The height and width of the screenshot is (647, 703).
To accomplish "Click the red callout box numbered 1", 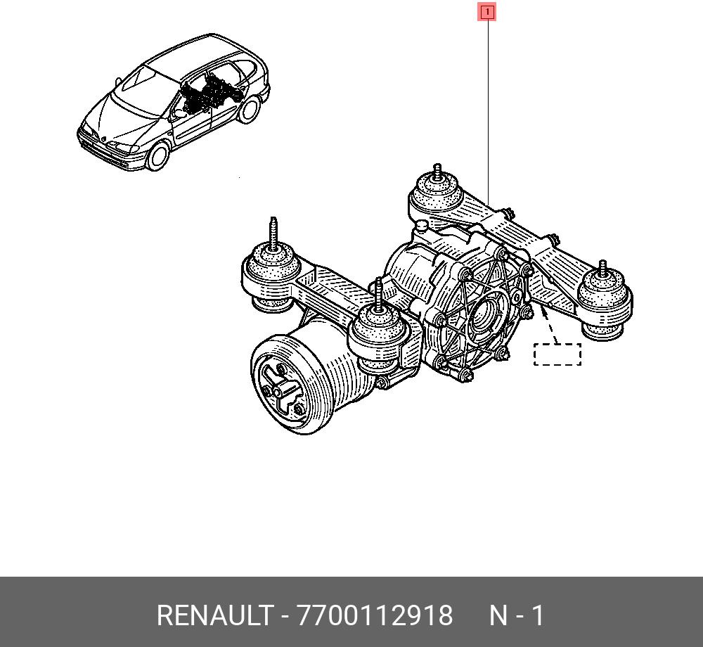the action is [487, 12].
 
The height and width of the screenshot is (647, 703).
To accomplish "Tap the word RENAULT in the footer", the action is [214, 615].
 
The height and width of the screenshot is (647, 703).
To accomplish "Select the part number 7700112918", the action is [375, 615].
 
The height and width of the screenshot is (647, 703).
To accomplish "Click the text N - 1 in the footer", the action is [516, 615].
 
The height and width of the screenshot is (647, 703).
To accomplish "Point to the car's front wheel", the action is [158, 156].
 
